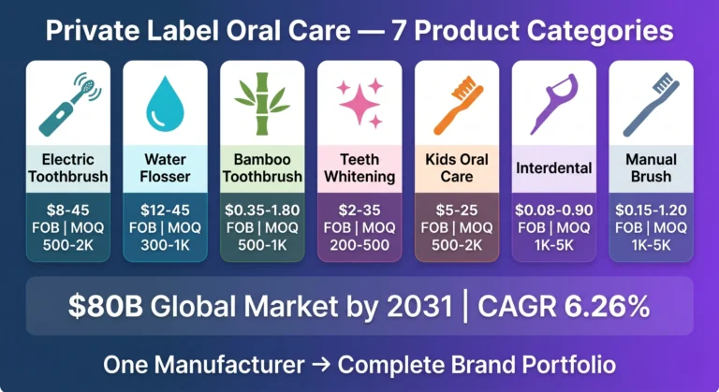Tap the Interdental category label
coord(553,167)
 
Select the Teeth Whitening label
coord(359,167)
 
